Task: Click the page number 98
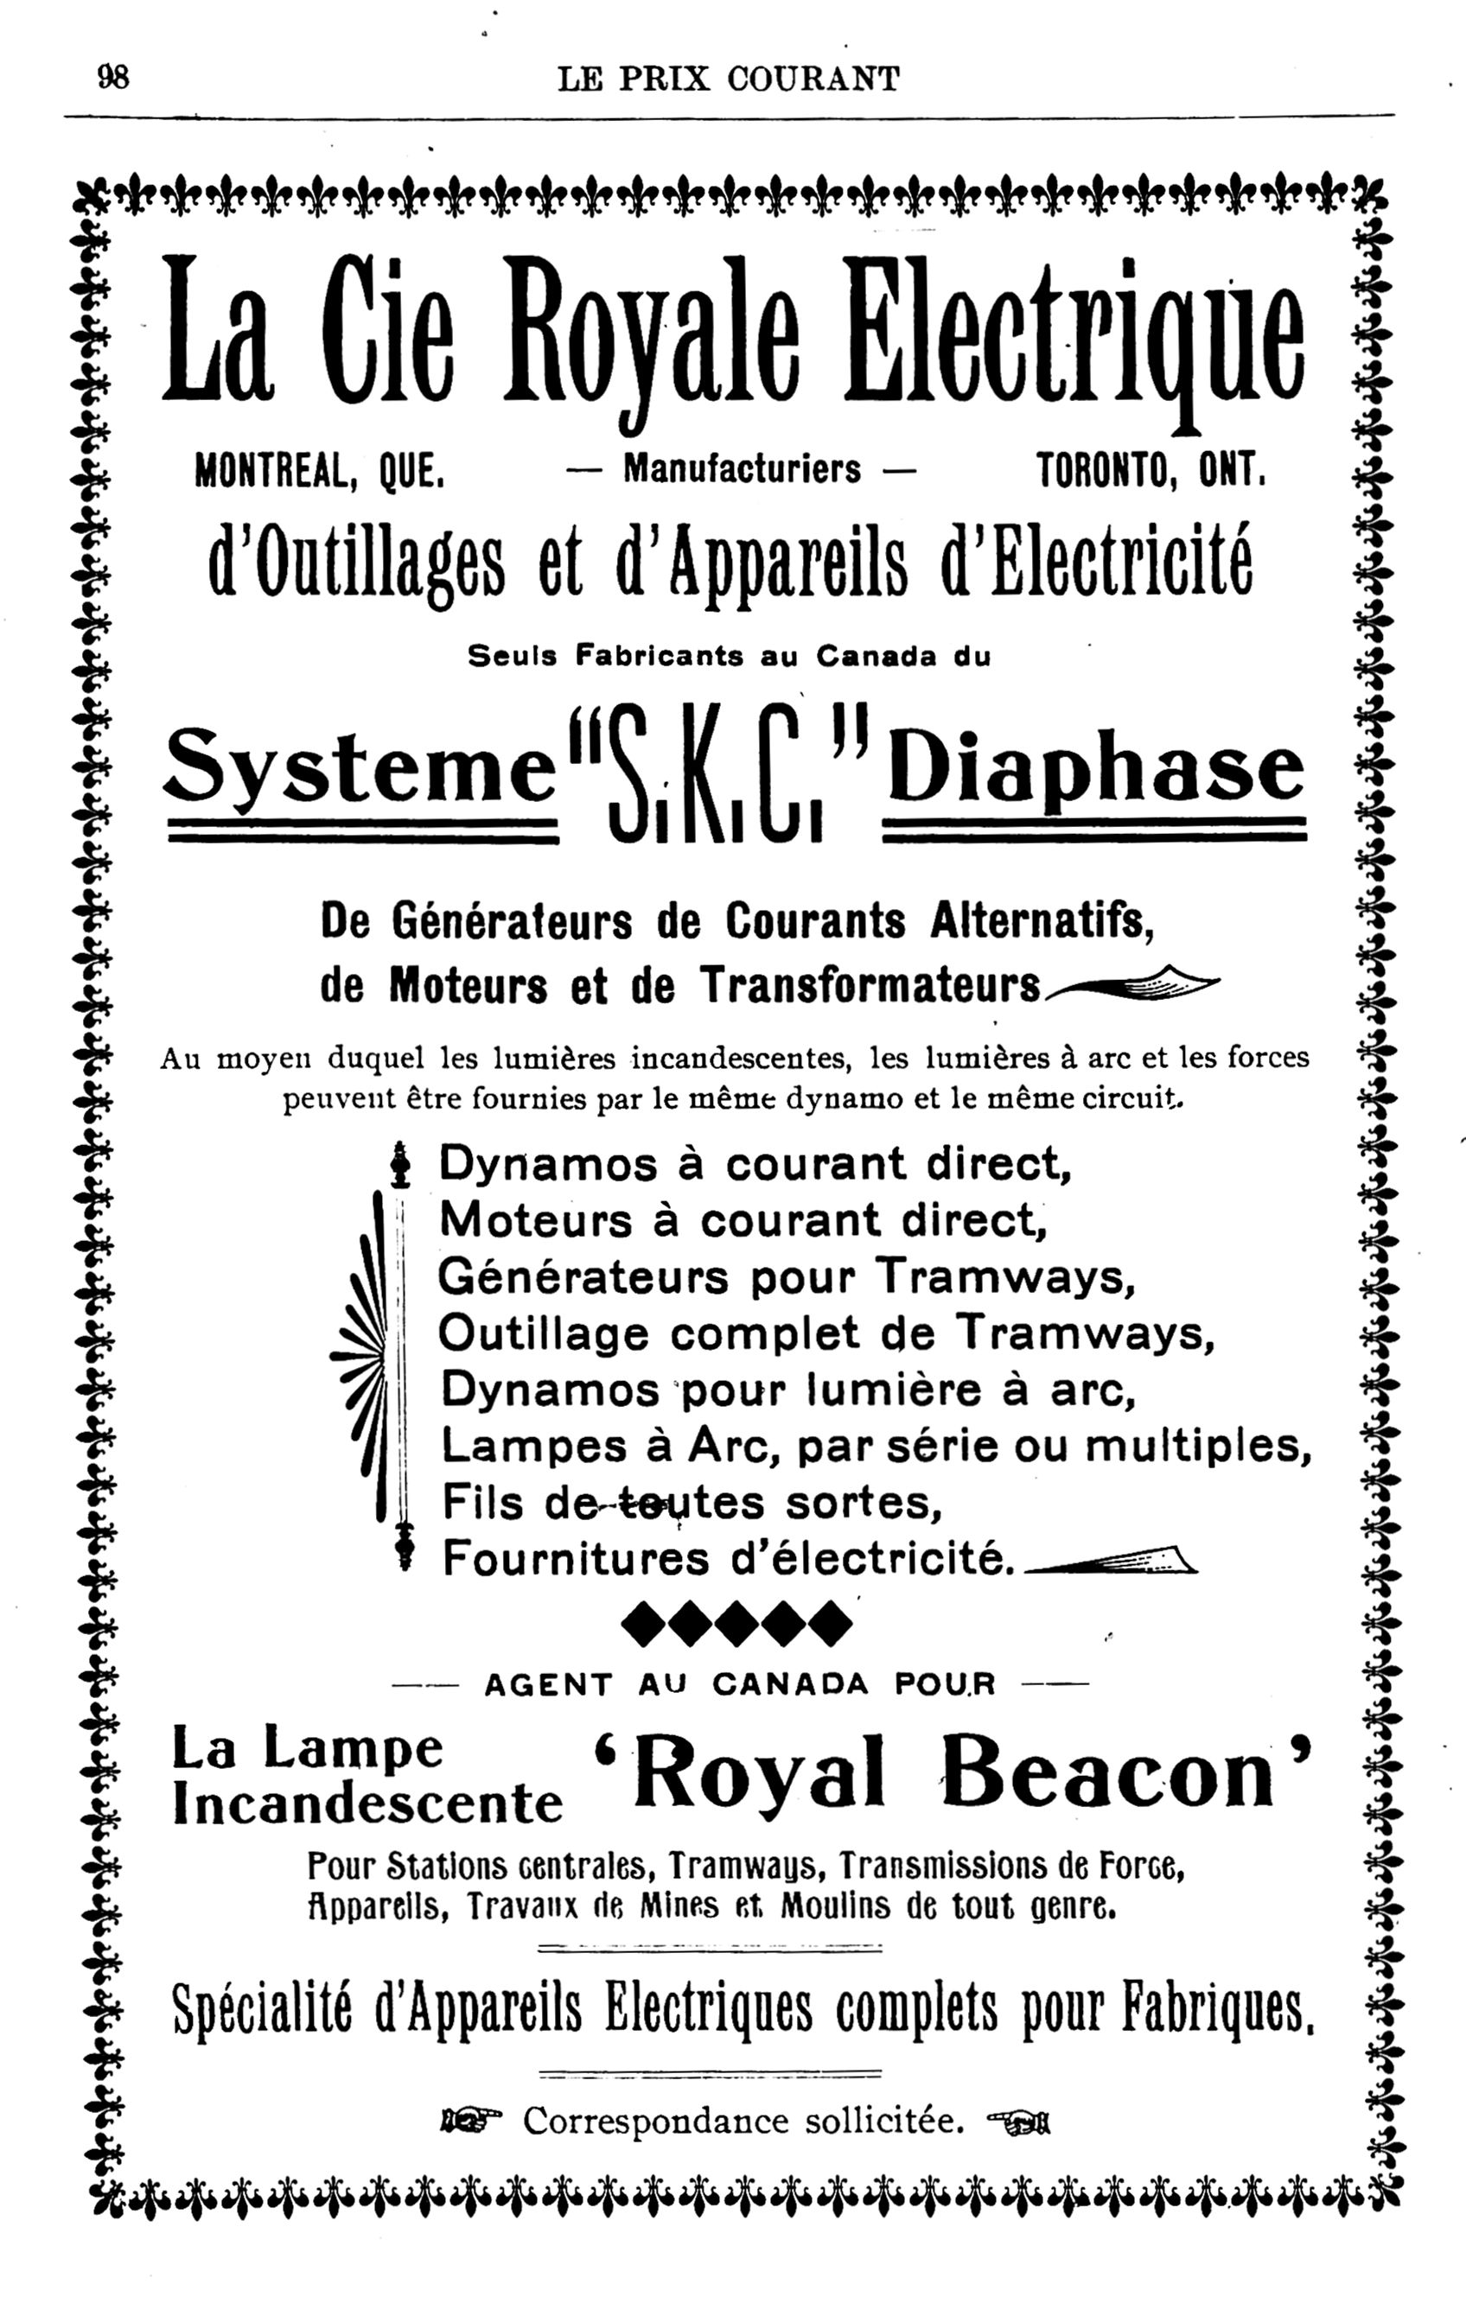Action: pos(112,77)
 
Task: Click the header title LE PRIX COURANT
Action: pos(728,79)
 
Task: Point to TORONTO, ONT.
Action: pos(1149,471)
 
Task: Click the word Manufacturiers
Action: pos(742,469)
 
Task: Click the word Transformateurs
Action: pos(870,985)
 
